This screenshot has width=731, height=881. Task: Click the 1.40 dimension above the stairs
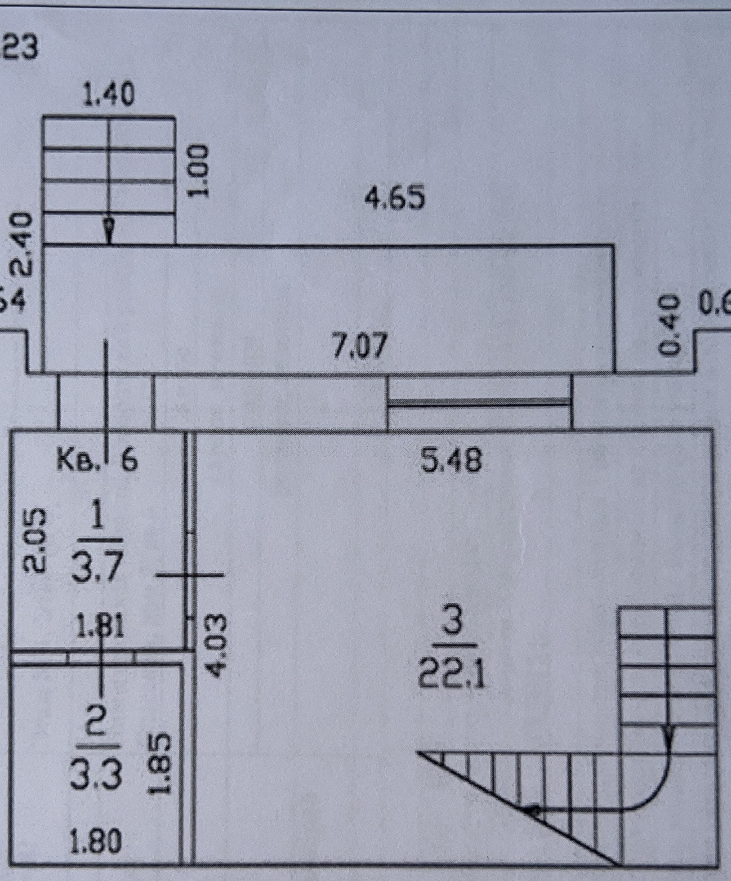(x=109, y=95)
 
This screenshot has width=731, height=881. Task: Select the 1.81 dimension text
(x=99, y=626)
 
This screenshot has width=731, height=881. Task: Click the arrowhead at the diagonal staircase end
(x=532, y=810)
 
